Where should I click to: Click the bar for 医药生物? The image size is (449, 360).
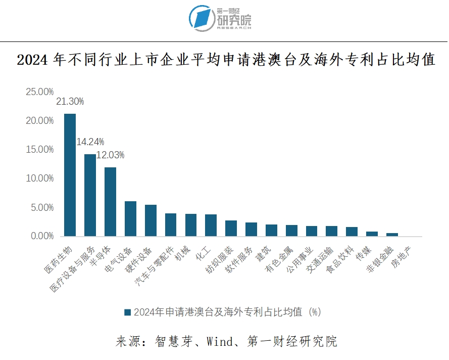tap(70, 175)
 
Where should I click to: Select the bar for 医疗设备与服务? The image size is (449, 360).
tap(90, 195)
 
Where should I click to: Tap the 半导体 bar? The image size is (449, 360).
tap(110, 202)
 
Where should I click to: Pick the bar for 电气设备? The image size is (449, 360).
tap(130, 219)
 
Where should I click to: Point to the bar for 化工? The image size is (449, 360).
tap(211, 226)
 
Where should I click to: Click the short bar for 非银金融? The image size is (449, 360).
tap(392, 235)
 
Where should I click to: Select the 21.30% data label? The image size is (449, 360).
tap(70, 102)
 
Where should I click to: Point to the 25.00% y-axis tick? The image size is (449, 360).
tap(39, 92)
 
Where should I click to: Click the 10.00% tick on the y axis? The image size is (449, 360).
tap(39, 178)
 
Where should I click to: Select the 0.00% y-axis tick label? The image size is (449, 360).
tap(41, 236)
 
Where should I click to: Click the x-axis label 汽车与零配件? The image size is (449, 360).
tap(157, 266)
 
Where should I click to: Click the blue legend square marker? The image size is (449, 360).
tap(127, 312)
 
